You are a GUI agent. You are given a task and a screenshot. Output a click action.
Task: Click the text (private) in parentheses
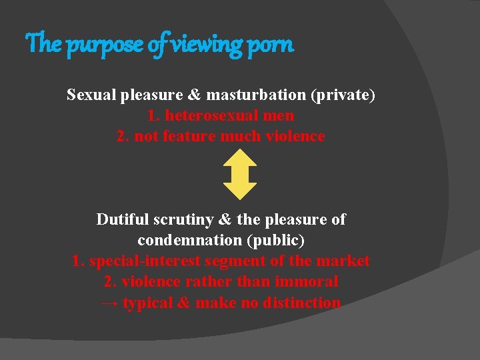(343, 95)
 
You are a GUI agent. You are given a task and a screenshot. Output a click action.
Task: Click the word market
(343, 261)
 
